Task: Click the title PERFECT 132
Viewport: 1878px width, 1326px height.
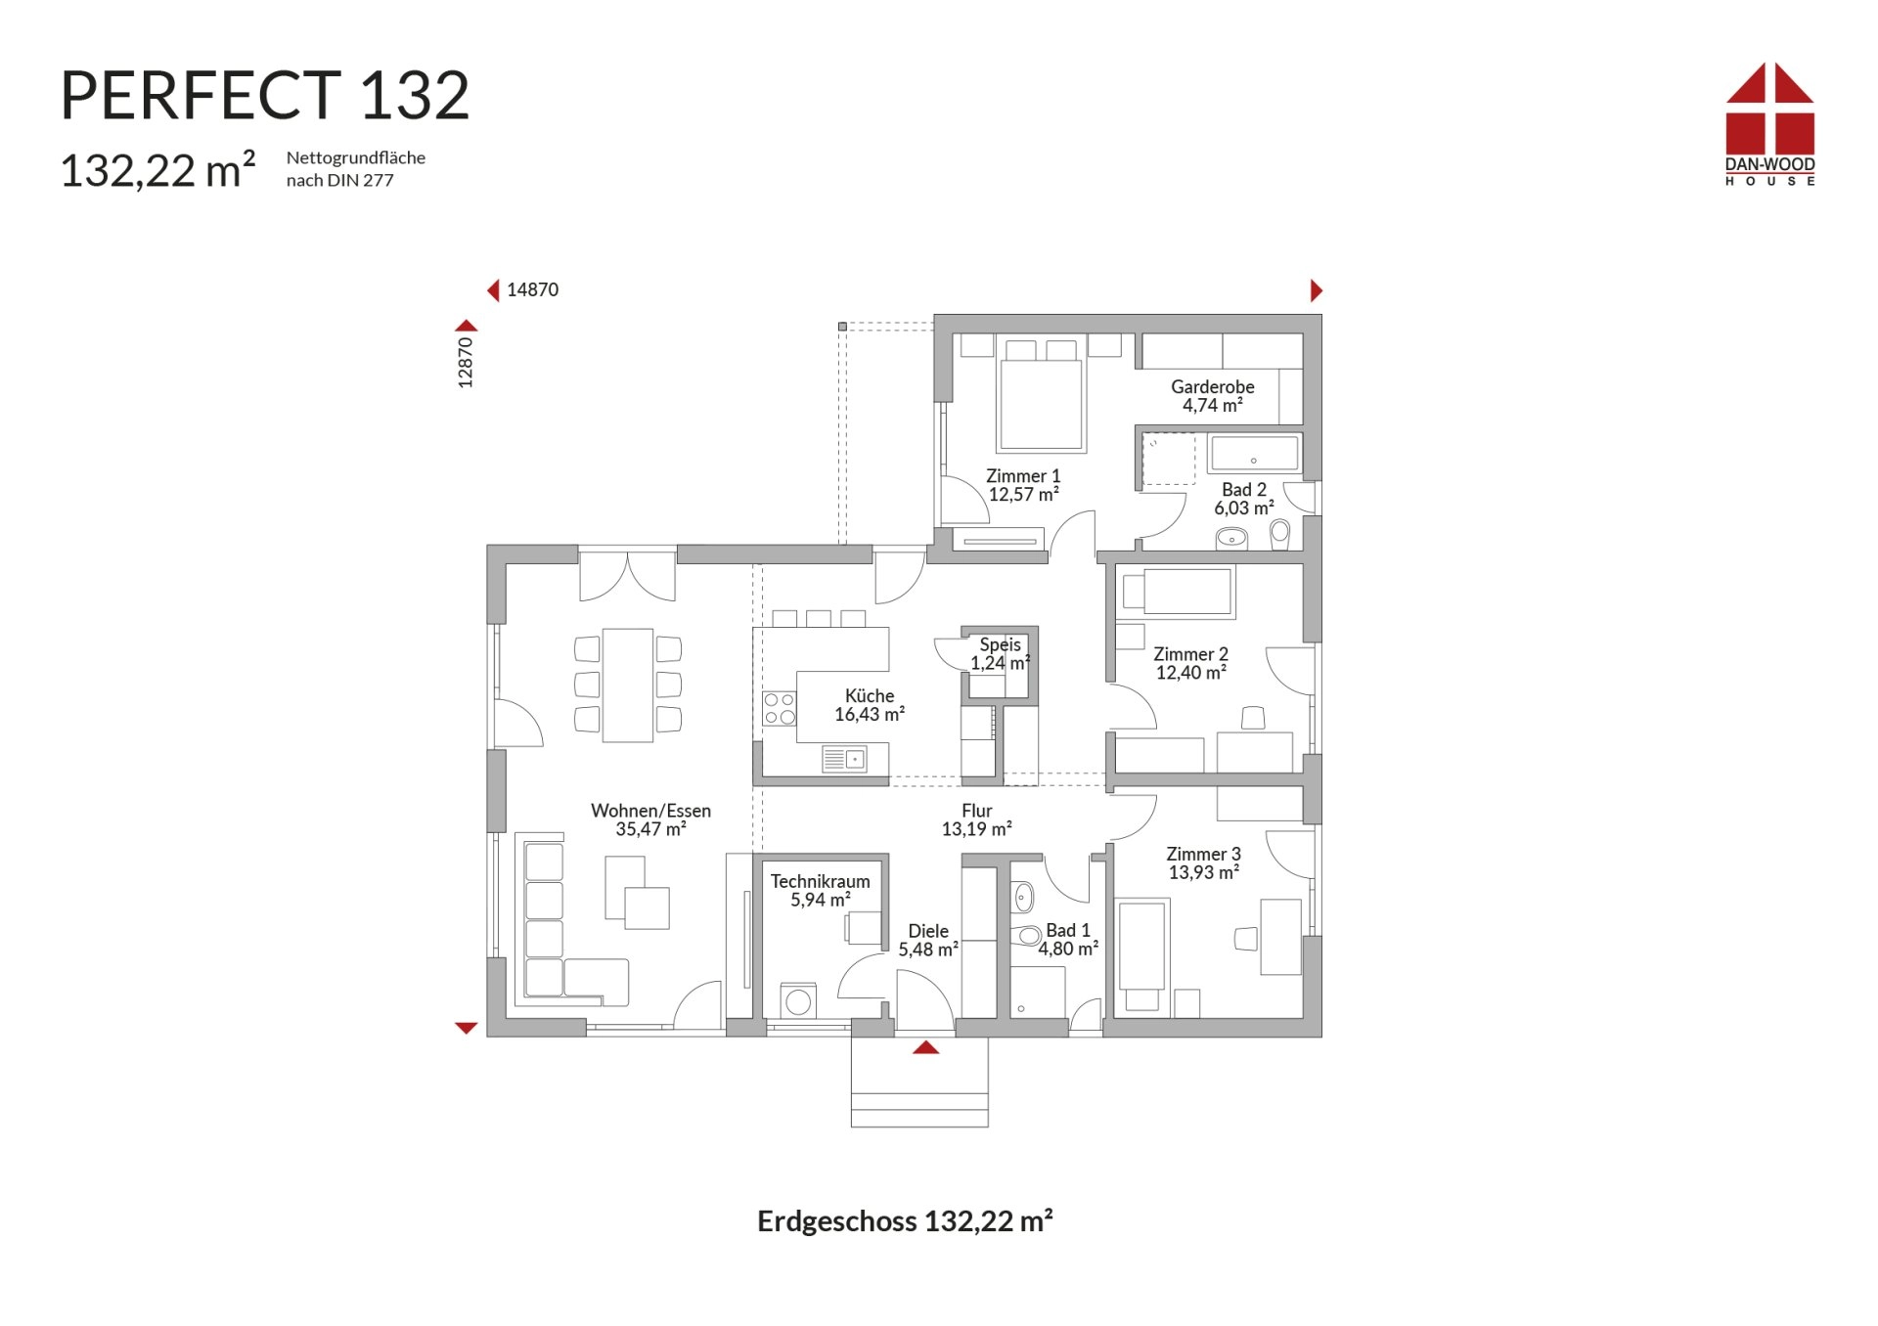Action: click(x=265, y=96)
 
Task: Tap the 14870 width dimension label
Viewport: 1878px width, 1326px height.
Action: click(x=532, y=289)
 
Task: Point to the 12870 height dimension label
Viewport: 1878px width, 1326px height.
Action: click(x=466, y=362)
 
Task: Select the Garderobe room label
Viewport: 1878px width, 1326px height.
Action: click(x=1212, y=396)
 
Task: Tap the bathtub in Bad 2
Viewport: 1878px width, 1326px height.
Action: click(x=1254, y=454)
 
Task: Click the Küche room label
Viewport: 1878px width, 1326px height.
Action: click(x=869, y=705)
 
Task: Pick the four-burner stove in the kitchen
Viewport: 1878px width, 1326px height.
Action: click(x=780, y=708)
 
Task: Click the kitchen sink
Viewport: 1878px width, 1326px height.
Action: click(x=845, y=758)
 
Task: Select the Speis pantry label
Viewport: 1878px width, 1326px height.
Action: click(x=1000, y=653)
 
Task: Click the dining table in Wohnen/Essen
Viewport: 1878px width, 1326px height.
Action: click(x=628, y=685)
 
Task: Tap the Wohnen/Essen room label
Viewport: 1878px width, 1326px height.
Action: click(x=650, y=819)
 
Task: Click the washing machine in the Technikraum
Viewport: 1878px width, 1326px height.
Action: click(x=798, y=1001)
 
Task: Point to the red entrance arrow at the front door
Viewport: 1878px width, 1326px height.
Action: click(x=925, y=1047)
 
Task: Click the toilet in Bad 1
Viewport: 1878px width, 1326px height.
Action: click(x=1027, y=935)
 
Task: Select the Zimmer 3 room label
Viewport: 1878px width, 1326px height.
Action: click(x=1203, y=862)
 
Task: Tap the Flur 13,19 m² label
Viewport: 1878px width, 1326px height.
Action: click(x=976, y=819)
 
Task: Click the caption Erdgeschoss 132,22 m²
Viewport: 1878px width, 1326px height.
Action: click(x=905, y=1221)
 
